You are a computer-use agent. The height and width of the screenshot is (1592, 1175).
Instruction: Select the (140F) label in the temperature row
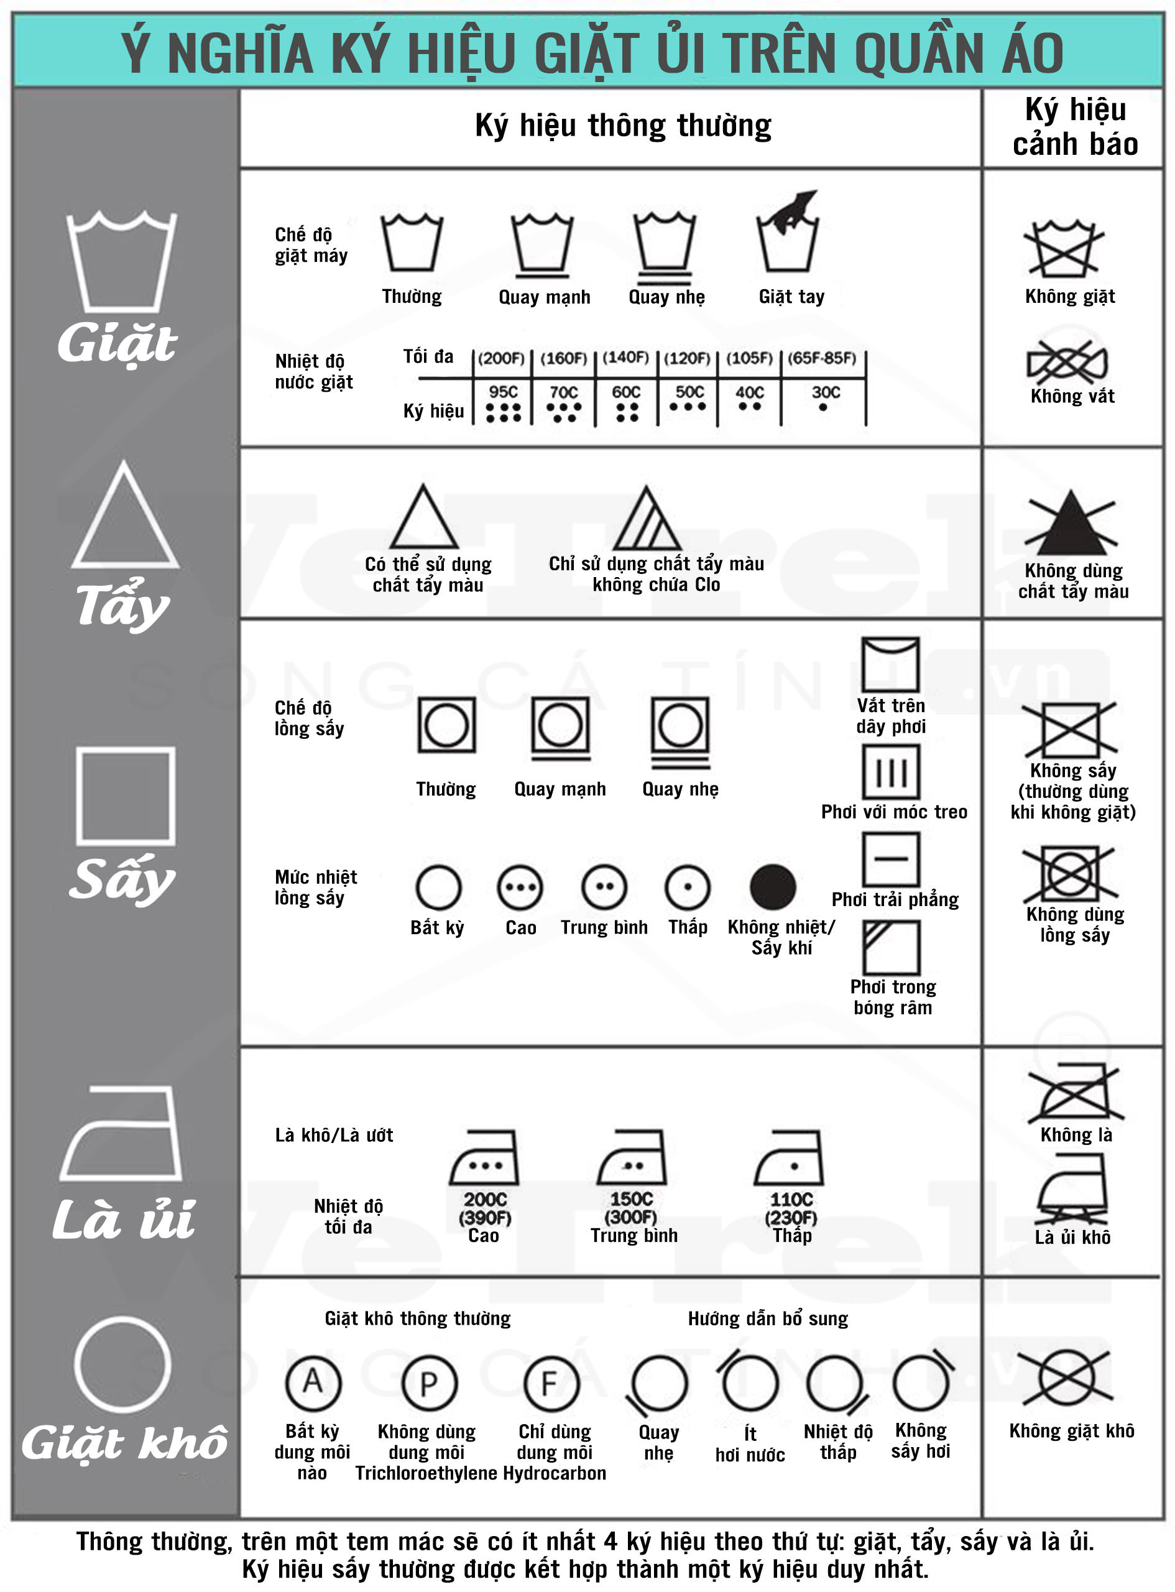click(626, 357)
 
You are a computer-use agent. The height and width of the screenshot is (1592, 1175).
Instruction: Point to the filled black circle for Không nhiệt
click(773, 887)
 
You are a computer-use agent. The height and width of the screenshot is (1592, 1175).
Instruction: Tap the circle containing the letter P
click(428, 1383)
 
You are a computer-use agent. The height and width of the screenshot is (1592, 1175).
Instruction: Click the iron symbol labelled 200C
click(484, 1157)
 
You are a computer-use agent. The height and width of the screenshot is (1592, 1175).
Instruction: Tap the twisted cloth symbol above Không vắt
click(1067, 361)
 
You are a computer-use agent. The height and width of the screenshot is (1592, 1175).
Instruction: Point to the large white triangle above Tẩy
click(124, 515)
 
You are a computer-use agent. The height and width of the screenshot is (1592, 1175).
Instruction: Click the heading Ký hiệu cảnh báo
click(1075, 127)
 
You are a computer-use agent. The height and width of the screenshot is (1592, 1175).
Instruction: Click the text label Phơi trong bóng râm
click(893, 997)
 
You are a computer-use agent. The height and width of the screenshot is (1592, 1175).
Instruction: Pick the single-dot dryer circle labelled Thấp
click(687, 887)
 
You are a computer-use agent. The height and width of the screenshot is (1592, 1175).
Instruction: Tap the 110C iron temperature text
click(791, 1200)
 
